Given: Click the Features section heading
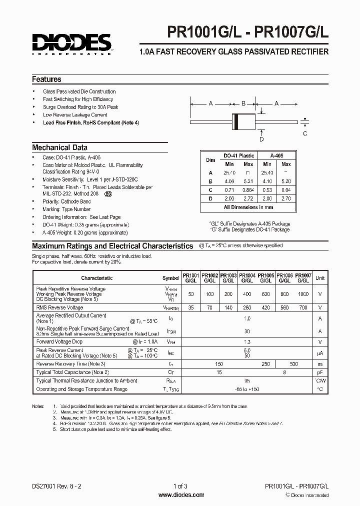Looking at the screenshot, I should pos(46,79).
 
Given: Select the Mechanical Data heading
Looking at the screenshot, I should pos(59,147).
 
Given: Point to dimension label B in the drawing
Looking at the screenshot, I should pos(243,103).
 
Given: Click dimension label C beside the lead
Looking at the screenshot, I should pos(305,133).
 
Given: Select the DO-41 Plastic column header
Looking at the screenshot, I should pos(238,155).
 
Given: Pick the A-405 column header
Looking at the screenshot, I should pos(276,155).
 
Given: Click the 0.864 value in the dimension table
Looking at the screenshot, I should pos(248,190).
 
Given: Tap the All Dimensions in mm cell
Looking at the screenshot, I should pos(248,207).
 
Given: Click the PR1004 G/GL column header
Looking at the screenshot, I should pos(247,278).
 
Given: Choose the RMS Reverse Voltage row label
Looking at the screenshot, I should pos(59,308).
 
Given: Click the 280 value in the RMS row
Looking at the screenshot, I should pos(247,308).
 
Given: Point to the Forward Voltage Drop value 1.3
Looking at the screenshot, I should pos(246,341).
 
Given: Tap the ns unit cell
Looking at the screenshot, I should pos(320,364).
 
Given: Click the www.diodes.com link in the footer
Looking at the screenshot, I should pos(181,495).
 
